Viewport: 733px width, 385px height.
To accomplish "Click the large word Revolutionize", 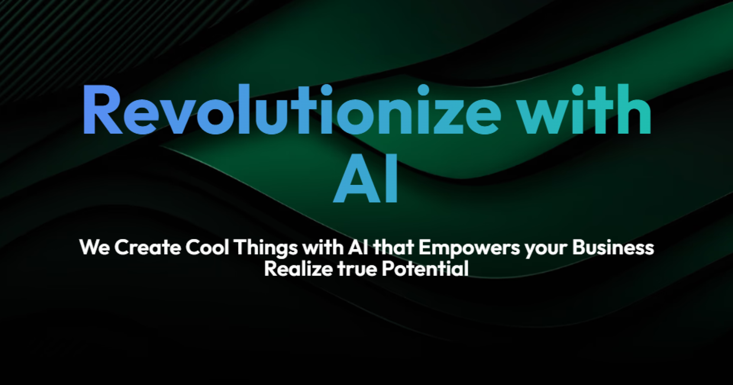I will coord(292,110).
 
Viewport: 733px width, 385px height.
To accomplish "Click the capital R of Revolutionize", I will coord(102,110).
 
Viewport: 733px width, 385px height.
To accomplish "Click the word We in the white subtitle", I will coord(94,248).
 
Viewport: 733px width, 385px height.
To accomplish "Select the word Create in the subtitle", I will coord(148,248).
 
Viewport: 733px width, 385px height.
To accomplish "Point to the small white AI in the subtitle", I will coord(358,248).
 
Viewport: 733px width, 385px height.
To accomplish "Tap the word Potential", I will coord(425,269).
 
